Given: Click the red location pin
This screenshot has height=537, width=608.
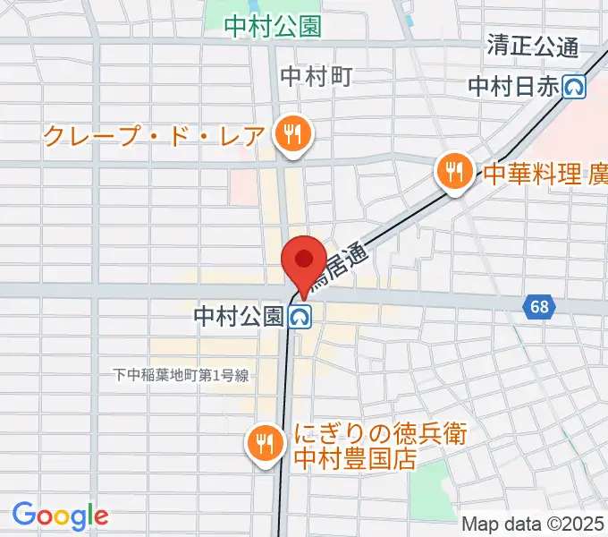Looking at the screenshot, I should [302, 260].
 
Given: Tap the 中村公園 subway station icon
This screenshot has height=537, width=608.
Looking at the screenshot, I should [300, 316].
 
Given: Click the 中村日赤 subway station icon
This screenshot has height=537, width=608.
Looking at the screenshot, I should [575, 86].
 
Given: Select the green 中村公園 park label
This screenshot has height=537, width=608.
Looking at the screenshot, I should [273, 27].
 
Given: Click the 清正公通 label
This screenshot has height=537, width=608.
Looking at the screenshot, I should [533, 44].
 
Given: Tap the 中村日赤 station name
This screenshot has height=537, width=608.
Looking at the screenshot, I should [514, 86].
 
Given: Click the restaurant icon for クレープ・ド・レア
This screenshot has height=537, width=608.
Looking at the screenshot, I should [291, 136].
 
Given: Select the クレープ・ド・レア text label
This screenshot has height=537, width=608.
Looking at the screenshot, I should [154, 137].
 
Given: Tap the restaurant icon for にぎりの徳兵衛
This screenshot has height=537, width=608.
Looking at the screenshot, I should [264, 443].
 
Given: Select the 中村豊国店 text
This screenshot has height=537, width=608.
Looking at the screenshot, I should [357, 460].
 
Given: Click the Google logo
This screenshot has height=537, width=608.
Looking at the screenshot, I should [60, 516].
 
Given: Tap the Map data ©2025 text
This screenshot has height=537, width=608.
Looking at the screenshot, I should [534, 524].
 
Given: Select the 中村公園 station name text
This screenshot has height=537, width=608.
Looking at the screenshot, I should [239, 316].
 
